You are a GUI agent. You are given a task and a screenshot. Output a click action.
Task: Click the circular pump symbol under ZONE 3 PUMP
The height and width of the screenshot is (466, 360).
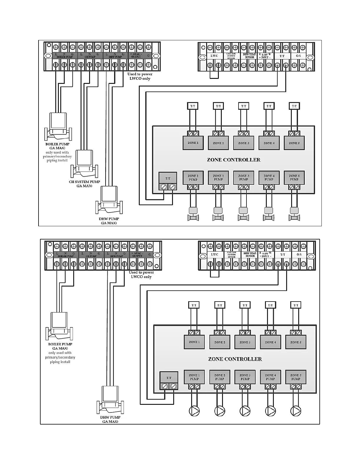[x=245, y=411]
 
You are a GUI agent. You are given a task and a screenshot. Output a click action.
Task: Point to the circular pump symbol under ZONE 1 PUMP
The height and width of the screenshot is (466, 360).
[x=194, y=411]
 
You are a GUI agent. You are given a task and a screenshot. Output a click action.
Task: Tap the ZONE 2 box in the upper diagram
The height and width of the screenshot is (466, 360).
[x=218, y=143]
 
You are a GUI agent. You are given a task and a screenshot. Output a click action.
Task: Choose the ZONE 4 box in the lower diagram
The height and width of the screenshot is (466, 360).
[x=270, y=342]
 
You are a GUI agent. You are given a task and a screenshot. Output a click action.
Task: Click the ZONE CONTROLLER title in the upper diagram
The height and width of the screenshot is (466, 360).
[x=234, y=160]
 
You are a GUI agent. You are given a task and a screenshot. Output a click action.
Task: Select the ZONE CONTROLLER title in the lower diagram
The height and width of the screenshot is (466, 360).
[x=235, y=359]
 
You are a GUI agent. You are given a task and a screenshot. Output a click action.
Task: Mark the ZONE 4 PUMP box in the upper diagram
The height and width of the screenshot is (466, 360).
[x=269, y=178]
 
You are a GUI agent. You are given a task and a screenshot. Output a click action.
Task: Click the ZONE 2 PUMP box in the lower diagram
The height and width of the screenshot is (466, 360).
[x=220, y=377]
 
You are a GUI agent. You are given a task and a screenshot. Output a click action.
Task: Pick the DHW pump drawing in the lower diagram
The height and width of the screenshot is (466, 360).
[x=110, y=400]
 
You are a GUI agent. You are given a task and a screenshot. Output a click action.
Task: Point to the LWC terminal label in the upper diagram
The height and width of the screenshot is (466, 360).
[x=214, y=56]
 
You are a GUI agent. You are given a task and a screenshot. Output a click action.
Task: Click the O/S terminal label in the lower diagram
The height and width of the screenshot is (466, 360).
[x=299, y=254]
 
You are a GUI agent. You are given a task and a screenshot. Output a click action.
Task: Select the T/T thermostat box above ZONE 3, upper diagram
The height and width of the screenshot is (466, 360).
[x=244, y=106]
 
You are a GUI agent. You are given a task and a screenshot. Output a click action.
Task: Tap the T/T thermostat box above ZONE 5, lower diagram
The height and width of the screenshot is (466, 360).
[x=296, y=305]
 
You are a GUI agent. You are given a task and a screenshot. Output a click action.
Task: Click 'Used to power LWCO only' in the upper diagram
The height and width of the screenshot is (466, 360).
[x=140, y=76]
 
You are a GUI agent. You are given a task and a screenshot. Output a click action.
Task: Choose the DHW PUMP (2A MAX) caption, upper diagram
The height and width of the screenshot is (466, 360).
[x=109, y=221]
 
